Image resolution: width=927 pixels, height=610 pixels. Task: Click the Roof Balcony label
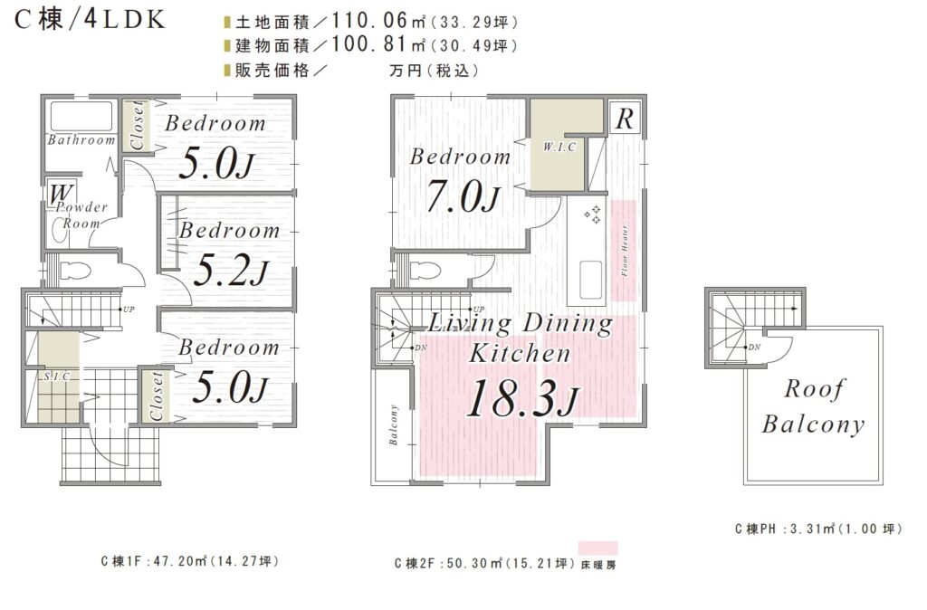point(814,406)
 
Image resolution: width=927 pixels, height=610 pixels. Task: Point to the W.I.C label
point(559,147)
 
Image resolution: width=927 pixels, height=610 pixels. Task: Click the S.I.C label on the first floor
point(57,376)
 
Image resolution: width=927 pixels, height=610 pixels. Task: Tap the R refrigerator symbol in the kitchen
point(625,119)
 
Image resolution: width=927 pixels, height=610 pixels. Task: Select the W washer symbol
point(62,194)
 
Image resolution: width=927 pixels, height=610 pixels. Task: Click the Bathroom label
point(81,140)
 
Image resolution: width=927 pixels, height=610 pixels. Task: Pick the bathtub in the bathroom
point(81,117)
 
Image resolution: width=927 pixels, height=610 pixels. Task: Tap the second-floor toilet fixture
point(425,270)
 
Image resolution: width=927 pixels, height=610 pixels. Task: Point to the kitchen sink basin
point(591,281)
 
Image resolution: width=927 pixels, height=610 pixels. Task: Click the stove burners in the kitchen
point(592,214)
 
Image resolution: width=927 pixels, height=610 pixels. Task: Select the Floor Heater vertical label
point(625,251)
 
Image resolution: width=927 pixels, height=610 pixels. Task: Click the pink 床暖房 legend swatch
point(597,548)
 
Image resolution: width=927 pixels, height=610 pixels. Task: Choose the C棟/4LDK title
point(90,20)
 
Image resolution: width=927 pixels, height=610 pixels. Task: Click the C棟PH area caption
point(818,529)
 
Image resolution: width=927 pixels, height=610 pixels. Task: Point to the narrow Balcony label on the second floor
point(393,424)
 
